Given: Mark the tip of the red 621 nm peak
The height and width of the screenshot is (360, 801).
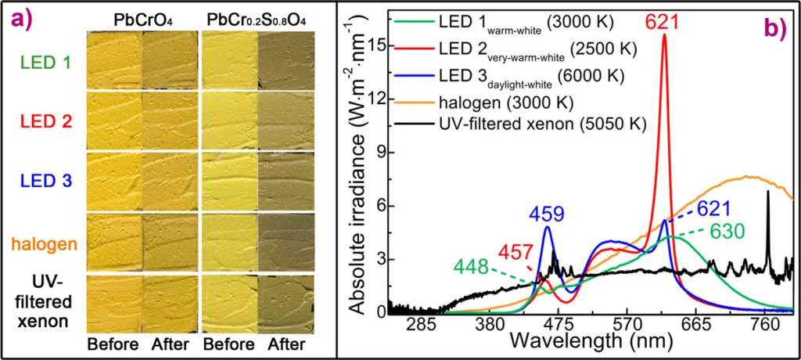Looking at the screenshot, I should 664,34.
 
